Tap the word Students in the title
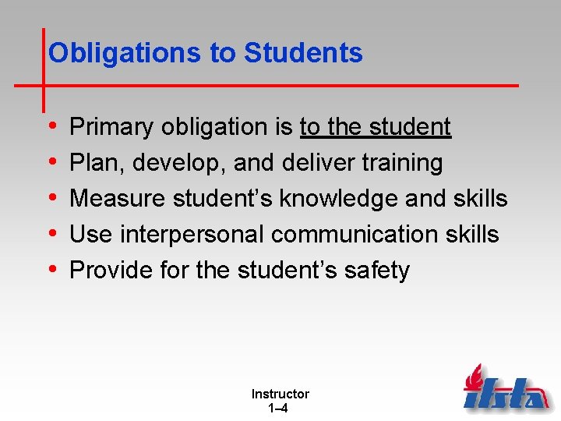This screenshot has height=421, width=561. tap(303, 53)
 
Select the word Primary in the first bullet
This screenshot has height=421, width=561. tap(113, 127)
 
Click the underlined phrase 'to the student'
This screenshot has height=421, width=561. tap(375, 127)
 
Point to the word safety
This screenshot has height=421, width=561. tap(377, 271)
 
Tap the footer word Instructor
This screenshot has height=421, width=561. tap(280, 394)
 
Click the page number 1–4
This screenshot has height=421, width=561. tap(280, 408)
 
